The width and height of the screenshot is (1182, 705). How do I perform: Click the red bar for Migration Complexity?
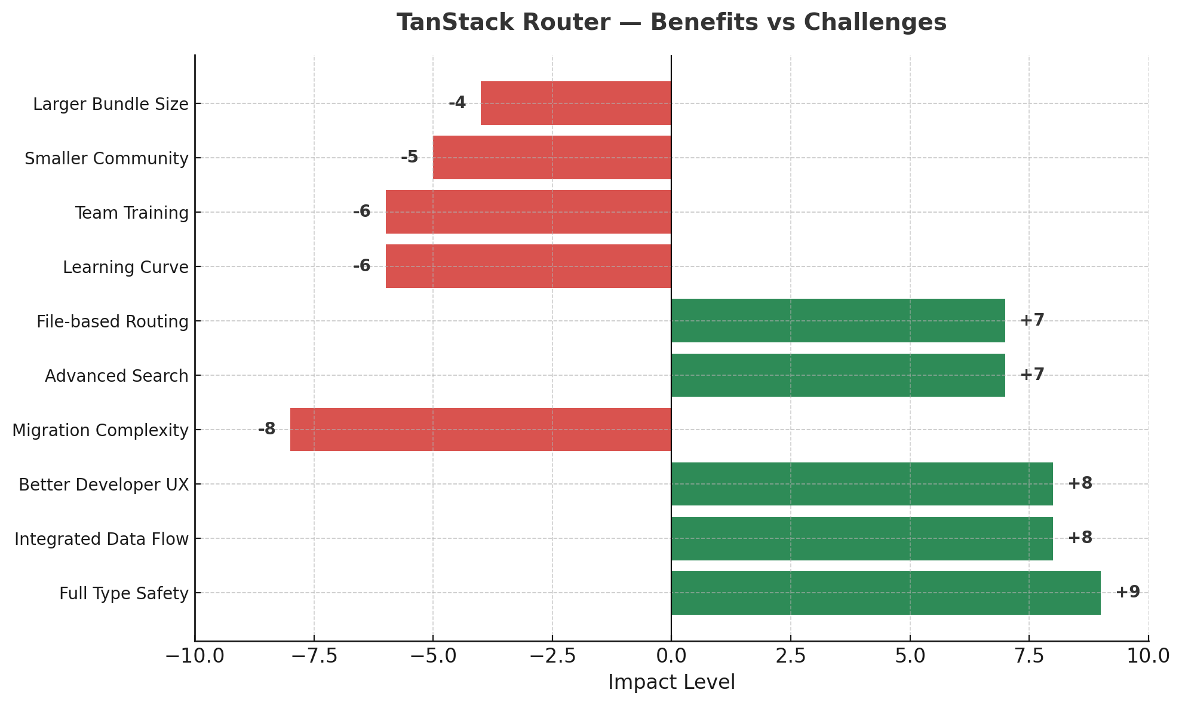pyautogui.click(x=481, y=430)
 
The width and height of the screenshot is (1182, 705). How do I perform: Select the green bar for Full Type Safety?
pyautogui.click(x=886, y=593)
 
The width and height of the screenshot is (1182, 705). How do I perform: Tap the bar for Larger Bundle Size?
pyautogui.click(x=576, y=103)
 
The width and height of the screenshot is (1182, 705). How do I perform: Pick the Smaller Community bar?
pyautogui.click(x=552, y=158)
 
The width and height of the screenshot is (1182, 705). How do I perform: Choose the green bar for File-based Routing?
pyautogui.click(x=838, y=321)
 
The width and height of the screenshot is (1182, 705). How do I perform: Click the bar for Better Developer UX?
pyautogui.click(x=862, y=484)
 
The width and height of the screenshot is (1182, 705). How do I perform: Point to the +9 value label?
pyautogui.click(x=1128, y=592)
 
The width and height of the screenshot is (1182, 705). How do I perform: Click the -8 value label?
pyautogui.click(x=267, y=429)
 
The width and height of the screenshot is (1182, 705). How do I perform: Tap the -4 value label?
pyautogui.click(x=457, y=103)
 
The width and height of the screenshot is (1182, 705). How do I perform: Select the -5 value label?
pyautogui.click(x=409, y=157)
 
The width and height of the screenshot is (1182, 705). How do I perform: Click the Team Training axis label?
pyautogui.click(x=132, y=213)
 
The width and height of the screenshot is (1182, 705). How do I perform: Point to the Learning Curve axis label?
pyautogui.click(x=125, y=267)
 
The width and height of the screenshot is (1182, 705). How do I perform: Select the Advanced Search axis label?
pyautogui.click(x=116, y=376)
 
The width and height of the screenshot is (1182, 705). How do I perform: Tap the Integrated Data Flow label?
pyautogui.click(x=102, y=539)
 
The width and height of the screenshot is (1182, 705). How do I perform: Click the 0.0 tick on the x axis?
pyautogui.click(x=671, y=656)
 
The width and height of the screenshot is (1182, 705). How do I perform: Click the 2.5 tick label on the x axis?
pyautogui.click(x=791, y=656)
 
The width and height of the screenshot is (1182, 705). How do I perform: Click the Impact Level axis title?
pyautogui.click(x=671, y=682)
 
